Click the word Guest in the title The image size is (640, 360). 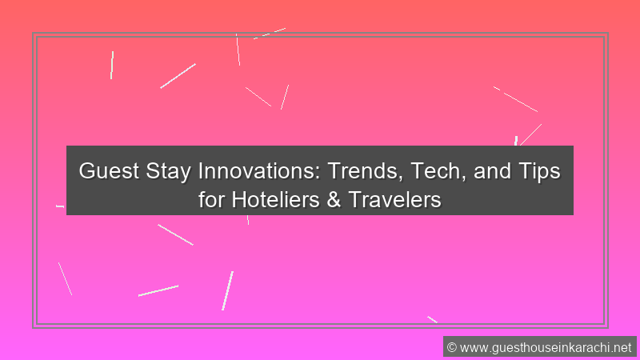109,170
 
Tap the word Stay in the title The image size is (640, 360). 168,171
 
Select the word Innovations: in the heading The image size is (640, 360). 259,170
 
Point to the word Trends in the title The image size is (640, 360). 366,171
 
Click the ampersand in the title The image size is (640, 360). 334,200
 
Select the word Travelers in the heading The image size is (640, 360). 394,199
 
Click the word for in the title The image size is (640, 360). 211,199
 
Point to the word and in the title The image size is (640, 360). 492,170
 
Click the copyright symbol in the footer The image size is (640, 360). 451,347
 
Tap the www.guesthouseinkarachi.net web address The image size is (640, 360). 546,348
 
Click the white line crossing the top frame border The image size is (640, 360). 270,34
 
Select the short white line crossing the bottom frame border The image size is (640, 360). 432,319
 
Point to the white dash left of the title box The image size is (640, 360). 60,206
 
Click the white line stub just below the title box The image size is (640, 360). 248,219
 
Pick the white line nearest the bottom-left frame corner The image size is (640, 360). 65,278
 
